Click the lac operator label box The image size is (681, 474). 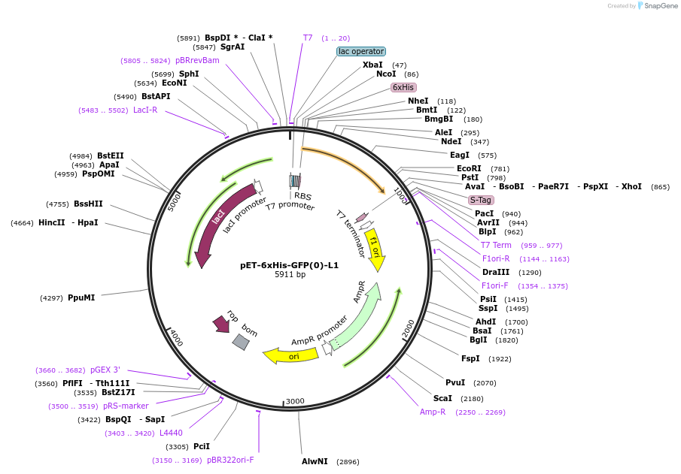pos(361,51)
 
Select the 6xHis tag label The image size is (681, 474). pos(403,87)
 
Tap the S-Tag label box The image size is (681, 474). pos(481,200)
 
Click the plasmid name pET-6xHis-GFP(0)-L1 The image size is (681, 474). pos(290,265)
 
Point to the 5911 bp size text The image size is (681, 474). pos(290,275)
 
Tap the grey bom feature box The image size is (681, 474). pos(241,342)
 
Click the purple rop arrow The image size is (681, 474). pos(221,324)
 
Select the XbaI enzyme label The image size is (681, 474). pos(372,65)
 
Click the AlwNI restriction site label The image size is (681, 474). pos(315,461)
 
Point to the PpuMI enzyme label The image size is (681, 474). pos(81,297)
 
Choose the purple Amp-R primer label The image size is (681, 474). pos(433,412)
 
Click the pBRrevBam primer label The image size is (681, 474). pos(197,60)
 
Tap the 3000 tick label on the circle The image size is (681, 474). pos(295,401)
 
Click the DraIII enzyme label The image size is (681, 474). pos(496,272)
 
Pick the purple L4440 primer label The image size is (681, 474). pos(171,433)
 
